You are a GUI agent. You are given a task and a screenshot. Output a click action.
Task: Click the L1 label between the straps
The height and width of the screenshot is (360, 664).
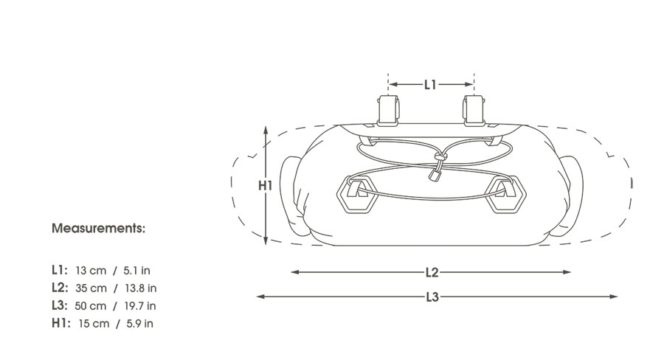(430, 85)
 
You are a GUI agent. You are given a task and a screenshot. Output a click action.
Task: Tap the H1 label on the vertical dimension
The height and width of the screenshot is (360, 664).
(265, 185)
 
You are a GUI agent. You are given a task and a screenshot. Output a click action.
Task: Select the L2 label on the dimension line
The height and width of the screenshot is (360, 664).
(432, 272)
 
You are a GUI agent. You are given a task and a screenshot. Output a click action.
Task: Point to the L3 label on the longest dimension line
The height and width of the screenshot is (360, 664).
(432, 297)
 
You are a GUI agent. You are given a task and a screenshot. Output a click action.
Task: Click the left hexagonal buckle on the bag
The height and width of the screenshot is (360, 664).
(357, 195)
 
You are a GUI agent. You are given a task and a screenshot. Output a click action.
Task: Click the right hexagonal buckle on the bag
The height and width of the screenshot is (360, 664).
(505, 195)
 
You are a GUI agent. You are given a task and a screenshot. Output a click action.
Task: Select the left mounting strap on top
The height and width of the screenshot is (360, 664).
(388, 110)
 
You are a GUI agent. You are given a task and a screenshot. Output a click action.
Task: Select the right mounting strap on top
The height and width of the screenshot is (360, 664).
(474, 110)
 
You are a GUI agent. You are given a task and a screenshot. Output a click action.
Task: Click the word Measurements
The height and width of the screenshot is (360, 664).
(98, 228)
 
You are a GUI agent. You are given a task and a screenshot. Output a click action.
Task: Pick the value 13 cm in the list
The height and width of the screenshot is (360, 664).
(91, 270)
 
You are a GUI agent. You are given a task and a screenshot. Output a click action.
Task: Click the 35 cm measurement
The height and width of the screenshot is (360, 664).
(91, 288)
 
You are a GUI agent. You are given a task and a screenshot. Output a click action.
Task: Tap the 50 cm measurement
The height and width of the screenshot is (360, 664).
(91, 306)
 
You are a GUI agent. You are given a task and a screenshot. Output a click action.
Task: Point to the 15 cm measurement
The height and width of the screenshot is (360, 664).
(94, 324)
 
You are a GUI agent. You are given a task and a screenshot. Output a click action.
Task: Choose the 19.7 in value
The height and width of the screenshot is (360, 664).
(140, 306)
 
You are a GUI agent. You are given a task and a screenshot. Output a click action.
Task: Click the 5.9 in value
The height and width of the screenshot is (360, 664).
(139, 324)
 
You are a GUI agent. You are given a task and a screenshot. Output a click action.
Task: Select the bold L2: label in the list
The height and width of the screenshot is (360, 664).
(60, 288)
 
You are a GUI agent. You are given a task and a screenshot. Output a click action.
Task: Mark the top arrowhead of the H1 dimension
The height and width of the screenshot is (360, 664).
(266, 130)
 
